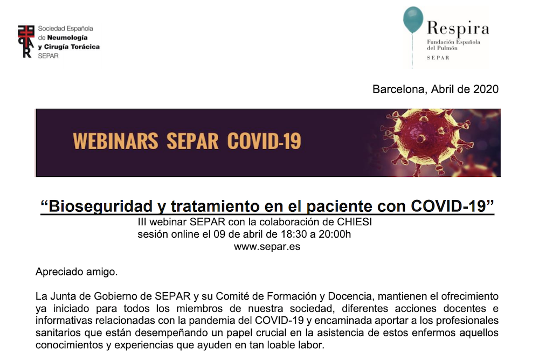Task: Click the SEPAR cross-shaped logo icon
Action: [26, 41]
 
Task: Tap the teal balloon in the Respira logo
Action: [413, 20]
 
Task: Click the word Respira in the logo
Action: [458, 29]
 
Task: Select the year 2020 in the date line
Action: [486, 89]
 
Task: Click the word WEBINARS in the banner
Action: [115, 141]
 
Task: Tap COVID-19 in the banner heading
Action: [264, 141]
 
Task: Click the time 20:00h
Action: [335, 234]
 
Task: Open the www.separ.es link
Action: [267, 247]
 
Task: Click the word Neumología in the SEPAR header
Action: [67, 38]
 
